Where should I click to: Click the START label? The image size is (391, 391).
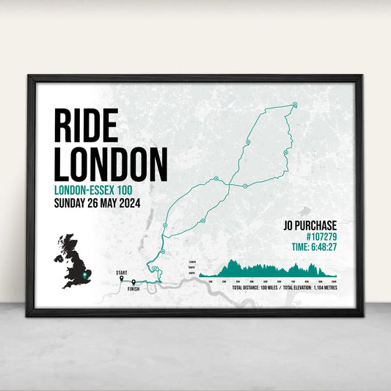(x=121, y=272)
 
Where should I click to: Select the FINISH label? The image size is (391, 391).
(x=133, y=290)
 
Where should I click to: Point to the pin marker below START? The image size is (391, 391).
(x=122, y=279)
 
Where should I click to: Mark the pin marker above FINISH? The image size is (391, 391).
(x=134, y=282)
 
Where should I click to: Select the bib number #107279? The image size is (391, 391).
(x=318, y=237)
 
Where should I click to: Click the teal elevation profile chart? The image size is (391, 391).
(x=271, y=269)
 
